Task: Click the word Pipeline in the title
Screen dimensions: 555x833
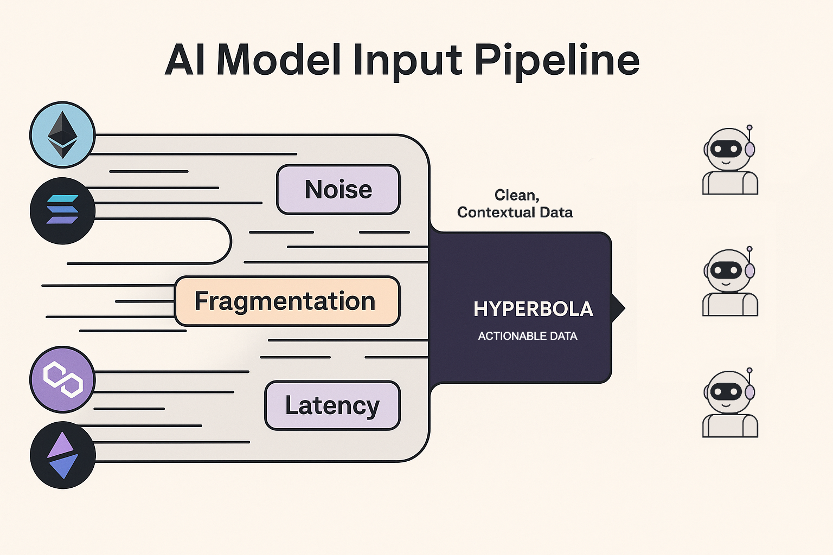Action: (557, 61)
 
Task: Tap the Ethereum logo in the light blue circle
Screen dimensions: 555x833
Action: (62, 135)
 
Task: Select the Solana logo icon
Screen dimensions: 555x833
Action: (62, 210)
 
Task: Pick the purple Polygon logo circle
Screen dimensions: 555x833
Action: (62, 379)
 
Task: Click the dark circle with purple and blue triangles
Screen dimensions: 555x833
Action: (63, 455)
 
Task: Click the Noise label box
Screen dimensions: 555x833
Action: (338, 190)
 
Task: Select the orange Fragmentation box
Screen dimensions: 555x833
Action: (287, 301)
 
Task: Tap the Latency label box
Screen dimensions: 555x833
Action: (332, 405)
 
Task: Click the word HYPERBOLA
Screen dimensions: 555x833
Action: (533, 309)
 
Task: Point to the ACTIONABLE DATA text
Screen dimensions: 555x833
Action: (527, 336)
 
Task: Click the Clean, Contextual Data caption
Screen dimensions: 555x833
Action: (515, 204)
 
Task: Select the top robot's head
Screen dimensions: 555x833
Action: (727, 149)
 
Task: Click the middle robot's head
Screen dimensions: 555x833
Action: (727, 270)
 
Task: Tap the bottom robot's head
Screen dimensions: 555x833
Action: (727, 391)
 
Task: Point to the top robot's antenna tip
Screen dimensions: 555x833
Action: (749, 128)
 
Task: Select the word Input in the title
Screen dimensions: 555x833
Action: (407, 61)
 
